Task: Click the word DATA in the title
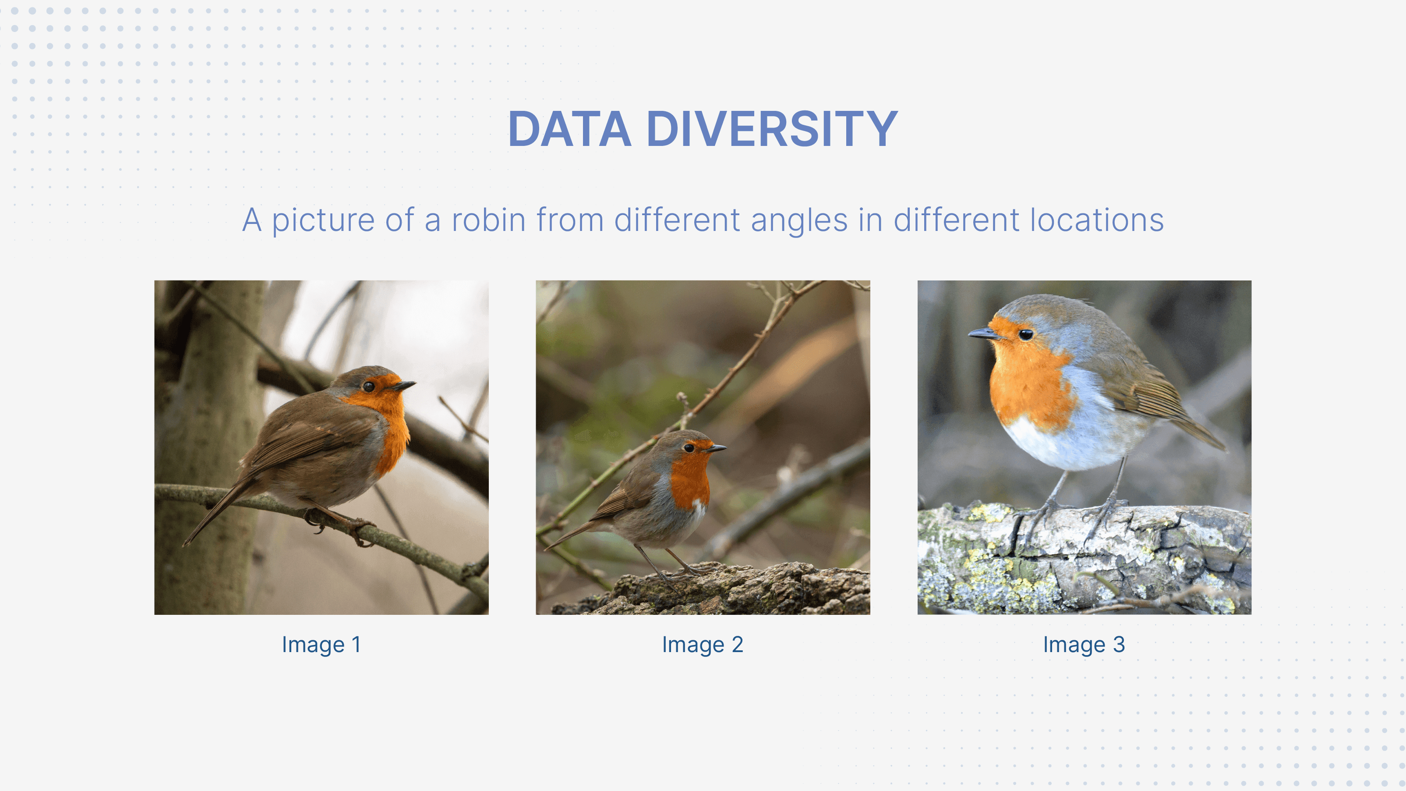pos(569,129)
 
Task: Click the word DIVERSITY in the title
pos(772,129)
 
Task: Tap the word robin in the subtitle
pos(488,220)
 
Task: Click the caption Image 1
pos(321,645)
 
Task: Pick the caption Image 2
pos(703,645)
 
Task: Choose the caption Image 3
pos(1084,645)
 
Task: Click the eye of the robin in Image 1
pos(368,386)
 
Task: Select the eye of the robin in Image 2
pos(689,448)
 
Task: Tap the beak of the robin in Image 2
pos(716,448)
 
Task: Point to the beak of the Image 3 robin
pos(984,333)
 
